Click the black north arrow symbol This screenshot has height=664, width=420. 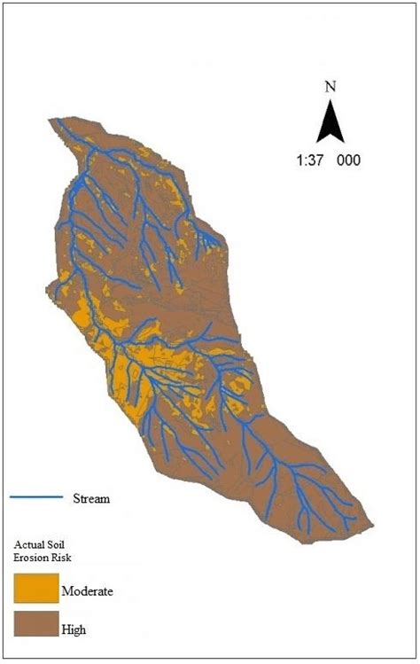(x=331, y=121)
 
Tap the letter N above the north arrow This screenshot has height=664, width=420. (x=331, y=88)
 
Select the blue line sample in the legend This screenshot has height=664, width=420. (x=36, y=497)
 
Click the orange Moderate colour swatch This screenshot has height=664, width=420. (x=35, y=588)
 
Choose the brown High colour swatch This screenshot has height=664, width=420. (x=35, y=623)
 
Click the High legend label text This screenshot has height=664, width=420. (x=74, y=629)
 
